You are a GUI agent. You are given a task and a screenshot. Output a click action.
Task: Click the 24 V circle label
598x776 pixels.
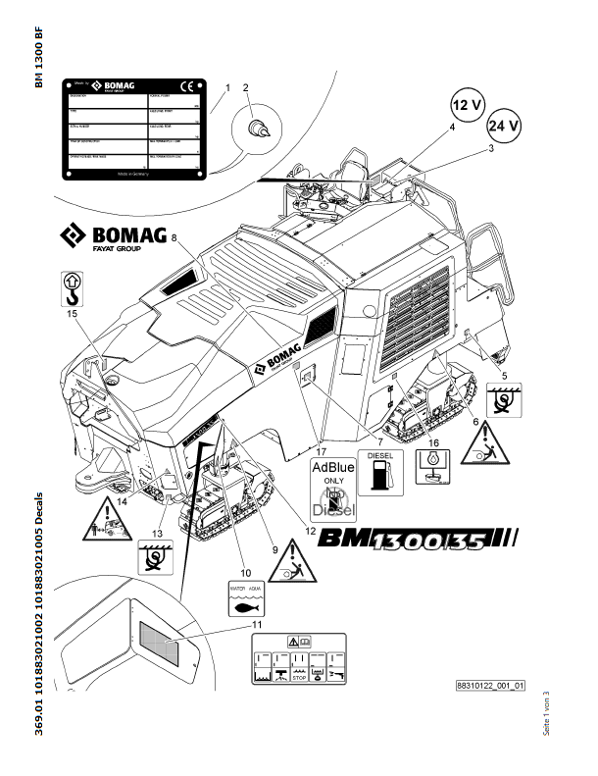pos(505,127)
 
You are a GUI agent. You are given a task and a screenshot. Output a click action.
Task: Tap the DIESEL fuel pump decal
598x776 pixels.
pos(382,474)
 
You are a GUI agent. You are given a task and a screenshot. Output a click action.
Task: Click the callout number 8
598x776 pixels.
pos(174,237)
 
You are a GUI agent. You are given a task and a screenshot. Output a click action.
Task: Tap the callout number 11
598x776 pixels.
pos(257,624)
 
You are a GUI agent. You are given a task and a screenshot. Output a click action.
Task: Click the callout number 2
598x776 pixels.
pos(245,88)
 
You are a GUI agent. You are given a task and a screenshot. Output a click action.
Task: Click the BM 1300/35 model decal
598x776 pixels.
pos(431,538)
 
